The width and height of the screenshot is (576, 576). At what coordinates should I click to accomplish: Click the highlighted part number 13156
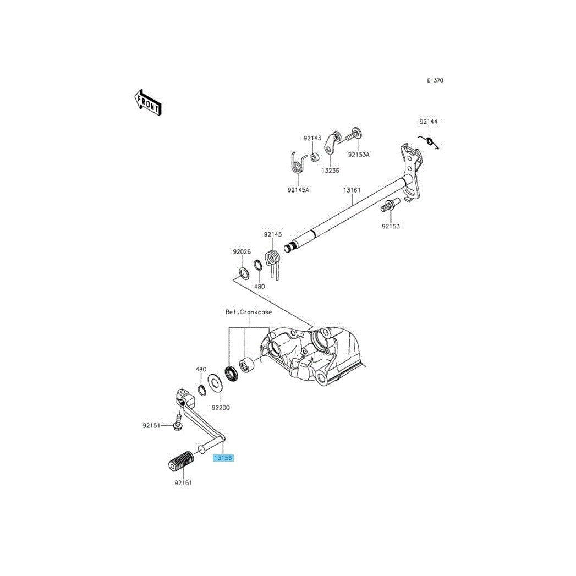[223, 457]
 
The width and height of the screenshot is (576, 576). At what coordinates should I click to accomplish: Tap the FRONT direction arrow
[147, 102]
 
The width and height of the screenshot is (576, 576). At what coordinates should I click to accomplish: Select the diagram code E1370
[435, 80]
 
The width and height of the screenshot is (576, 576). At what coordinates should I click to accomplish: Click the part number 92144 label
[429, 121]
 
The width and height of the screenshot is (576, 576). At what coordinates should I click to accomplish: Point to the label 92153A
[359, 155]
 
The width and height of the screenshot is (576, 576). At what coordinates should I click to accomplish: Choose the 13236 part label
[330, 171]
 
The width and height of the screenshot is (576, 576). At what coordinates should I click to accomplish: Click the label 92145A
[298, 189]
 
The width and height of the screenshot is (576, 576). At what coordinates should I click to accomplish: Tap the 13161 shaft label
[352, 190]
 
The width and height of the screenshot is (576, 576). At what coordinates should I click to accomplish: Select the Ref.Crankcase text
[248, 312]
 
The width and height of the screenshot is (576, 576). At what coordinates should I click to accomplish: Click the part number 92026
[242, 251]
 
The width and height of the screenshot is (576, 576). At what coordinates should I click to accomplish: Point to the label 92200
[221, 408]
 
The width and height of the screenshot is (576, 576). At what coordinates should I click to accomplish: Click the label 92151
[151, 425]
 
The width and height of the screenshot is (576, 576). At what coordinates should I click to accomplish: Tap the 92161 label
[184, 482]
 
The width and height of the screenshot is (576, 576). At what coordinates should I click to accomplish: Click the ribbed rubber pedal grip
[179, 460]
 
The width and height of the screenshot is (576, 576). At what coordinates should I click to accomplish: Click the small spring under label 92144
[432, 142]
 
